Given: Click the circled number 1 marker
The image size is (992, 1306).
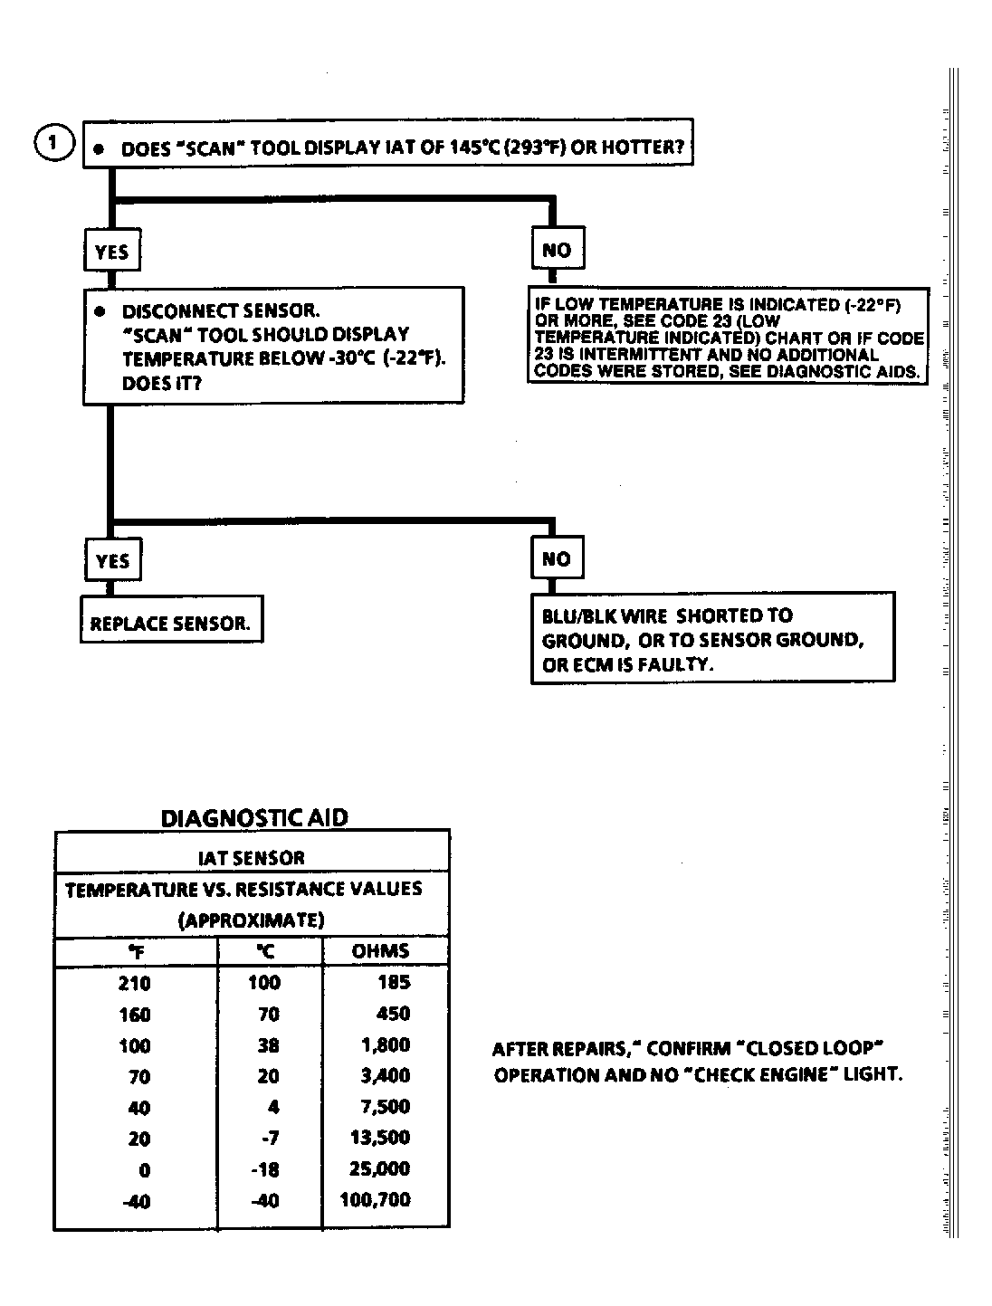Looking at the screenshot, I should pyautogui.click(x=53, y=143).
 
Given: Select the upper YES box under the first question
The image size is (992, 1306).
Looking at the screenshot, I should pyautogui.click(x=112, y=252).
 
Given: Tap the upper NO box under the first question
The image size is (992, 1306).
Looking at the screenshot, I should pyautogui.click(x=557, y=250).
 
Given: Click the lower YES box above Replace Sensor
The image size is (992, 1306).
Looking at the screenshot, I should pyautogui.click(x=112, y=561).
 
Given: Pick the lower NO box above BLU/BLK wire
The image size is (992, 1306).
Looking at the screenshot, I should pyautogui.click(x=557, y=559).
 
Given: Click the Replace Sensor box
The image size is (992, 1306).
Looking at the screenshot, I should pyautogui.click(x=171, y=624).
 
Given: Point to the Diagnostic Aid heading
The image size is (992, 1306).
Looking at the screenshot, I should pyautogui.click(x=254, y=817).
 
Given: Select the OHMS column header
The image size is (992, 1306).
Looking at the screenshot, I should pyautogui.click(x=380, y=950).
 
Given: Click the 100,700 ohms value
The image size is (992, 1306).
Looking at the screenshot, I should pyautogui.click(x=375, y=1200).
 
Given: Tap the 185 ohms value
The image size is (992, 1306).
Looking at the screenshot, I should pyautogui.click(x=394, y=983).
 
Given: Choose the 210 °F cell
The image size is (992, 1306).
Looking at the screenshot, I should pyautogui.click(x=134, y=984).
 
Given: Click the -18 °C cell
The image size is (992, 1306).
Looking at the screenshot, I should pyautogui.click(x=264, y=1169).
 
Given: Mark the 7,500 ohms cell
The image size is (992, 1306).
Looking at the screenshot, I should pyautogui.click(x=385, y=1107).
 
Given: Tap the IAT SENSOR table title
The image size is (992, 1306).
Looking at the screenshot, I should pyautogui.click(x=252, y=857).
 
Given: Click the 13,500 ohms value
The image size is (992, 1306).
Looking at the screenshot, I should pyautogui.click(x=380, y=1138).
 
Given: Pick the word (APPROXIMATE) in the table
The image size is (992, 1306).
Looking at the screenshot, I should pyautogui.click(x=252, y=920).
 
